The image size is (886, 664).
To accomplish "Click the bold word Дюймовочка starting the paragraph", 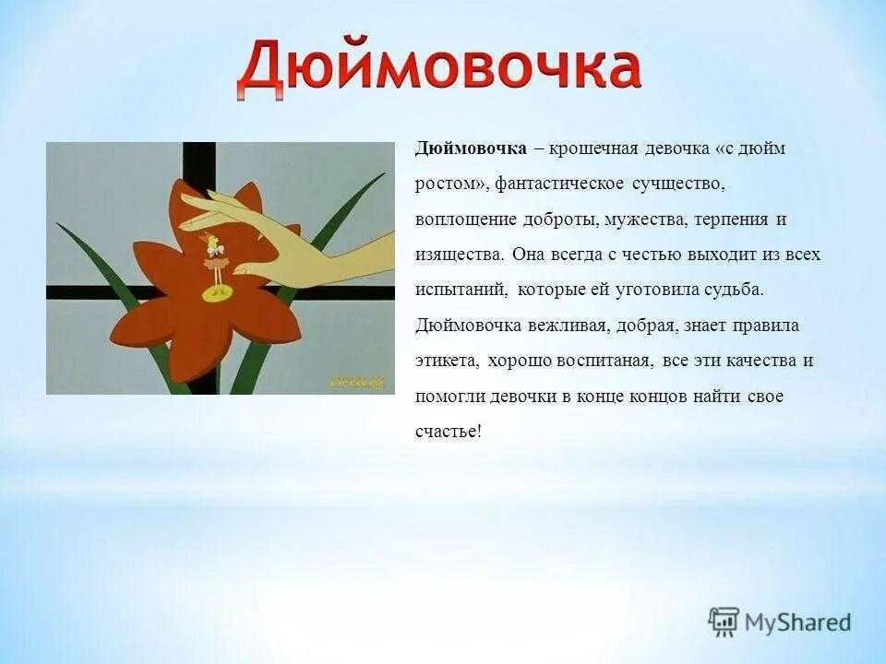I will pos(471,148).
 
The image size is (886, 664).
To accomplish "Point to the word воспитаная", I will pos(598,361).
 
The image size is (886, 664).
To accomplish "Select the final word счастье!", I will pos(449,432).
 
